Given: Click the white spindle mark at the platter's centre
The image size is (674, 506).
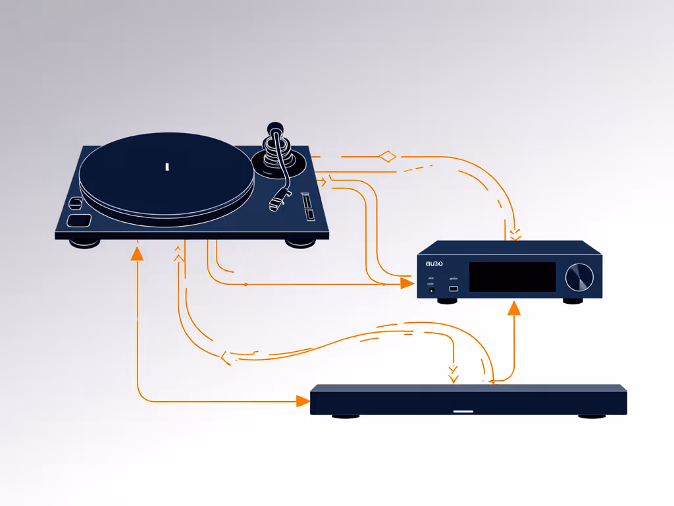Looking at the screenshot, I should [167, 166].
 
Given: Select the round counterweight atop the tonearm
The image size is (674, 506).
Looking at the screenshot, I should [274, 127].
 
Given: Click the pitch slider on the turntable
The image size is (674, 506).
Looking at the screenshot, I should [307, 206].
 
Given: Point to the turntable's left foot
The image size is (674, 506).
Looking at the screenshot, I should [86, 243].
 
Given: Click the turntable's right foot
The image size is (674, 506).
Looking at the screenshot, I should [300, 242].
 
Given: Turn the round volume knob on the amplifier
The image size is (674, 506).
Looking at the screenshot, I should [579, 277].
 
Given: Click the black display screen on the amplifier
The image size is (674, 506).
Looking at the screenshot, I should [512, 277].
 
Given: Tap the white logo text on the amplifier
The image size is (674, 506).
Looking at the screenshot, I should [434, 264].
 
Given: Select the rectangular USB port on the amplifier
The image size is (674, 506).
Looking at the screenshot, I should [454, 289].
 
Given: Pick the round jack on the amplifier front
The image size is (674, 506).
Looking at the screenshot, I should [432, 289].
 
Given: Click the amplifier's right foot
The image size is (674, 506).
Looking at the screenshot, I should [573, 301].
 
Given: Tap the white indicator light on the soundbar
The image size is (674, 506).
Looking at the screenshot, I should [463, 411].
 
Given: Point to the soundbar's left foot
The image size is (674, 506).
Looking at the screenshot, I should [346, 416].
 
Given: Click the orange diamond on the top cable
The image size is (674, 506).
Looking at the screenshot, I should [388, 156].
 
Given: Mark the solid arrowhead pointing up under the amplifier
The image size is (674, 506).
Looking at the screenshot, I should [513, 308].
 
